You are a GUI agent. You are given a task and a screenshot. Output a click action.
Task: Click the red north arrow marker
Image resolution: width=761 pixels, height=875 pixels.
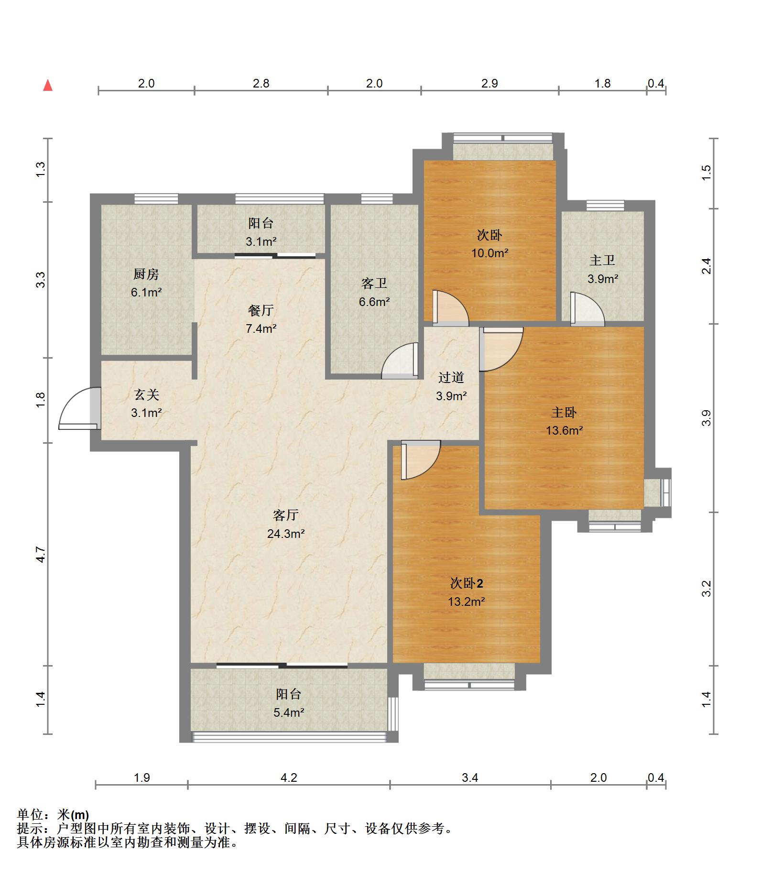[48, 86]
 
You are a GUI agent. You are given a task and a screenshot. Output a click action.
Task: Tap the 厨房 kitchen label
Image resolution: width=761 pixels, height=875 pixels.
[146, 274]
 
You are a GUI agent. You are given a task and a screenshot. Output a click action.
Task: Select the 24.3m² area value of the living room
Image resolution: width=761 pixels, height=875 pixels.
[286, 534]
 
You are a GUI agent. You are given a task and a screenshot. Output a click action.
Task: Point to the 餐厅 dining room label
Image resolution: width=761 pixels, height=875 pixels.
[261, 310]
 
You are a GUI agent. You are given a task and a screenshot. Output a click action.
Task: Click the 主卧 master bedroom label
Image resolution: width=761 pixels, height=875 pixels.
[564, 412]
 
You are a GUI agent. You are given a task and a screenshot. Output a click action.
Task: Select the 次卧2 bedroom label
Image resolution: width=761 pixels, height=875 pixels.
[467, 583]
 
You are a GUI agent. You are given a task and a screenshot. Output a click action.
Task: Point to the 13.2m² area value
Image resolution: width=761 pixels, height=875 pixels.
[467, 602]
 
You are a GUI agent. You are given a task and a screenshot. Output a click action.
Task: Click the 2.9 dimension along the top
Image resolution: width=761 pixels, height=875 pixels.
[489, 83]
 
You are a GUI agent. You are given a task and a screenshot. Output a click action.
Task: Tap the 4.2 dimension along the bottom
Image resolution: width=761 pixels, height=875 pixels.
[289, 777]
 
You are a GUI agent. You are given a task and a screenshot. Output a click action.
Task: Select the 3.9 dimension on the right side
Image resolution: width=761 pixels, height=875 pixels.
[707, 418]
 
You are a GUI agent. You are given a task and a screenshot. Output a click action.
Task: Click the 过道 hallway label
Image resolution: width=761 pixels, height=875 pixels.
[451, 378]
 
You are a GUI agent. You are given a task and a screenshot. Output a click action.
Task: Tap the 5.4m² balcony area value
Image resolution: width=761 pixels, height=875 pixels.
[289, 713]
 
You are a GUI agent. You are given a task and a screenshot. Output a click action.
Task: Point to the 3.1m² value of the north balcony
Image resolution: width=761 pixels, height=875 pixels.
[261, 242]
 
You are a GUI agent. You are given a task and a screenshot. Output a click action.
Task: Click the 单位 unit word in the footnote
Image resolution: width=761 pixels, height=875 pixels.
[30, 815]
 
